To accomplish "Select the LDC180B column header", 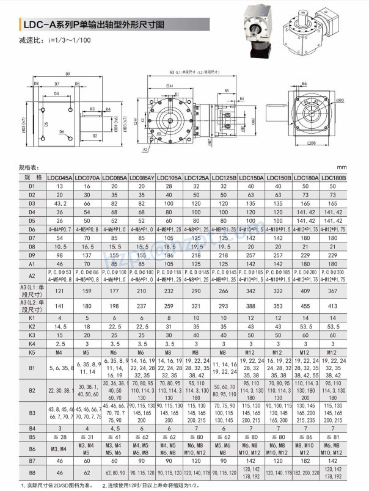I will click(x=334, y=178).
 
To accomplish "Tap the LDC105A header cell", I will click(x=170, y=178).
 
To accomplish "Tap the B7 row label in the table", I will click(x=32, y=462).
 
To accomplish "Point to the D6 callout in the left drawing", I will click(x=62, y=131).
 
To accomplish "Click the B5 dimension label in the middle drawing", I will click(x=226, y=90).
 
